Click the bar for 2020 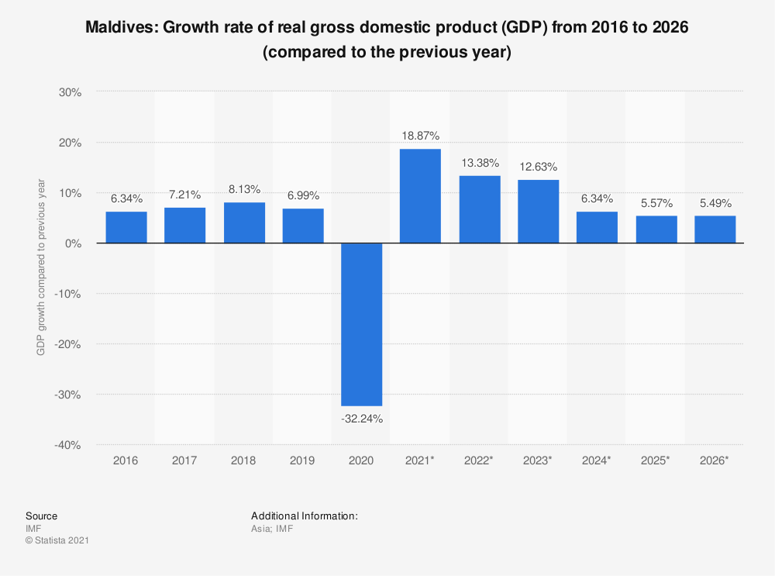click(x=361, y=324)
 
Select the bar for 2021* click(x=420, y=196)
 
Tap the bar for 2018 click(x=244, y=222)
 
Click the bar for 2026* click(x=715, y=229)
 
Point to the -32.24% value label click(x=361, y=419)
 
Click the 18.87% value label click(x=420, y=136)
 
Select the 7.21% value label click(x=184, y=195)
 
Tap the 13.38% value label click(x=479, y=163)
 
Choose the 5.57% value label click(x=656, y=203)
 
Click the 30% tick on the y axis click(x=71, y=92)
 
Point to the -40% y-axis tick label click(x=68, y=445)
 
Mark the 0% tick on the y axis click(x=74, y=243)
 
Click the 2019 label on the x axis click(x=302, y=460)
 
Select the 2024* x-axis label click(x=597, y=460)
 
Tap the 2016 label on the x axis click(x=126, y=460)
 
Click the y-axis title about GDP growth click(x=40, y=268)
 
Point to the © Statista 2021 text click(x=57, y=540)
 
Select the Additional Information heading click(x=304, y=516)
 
